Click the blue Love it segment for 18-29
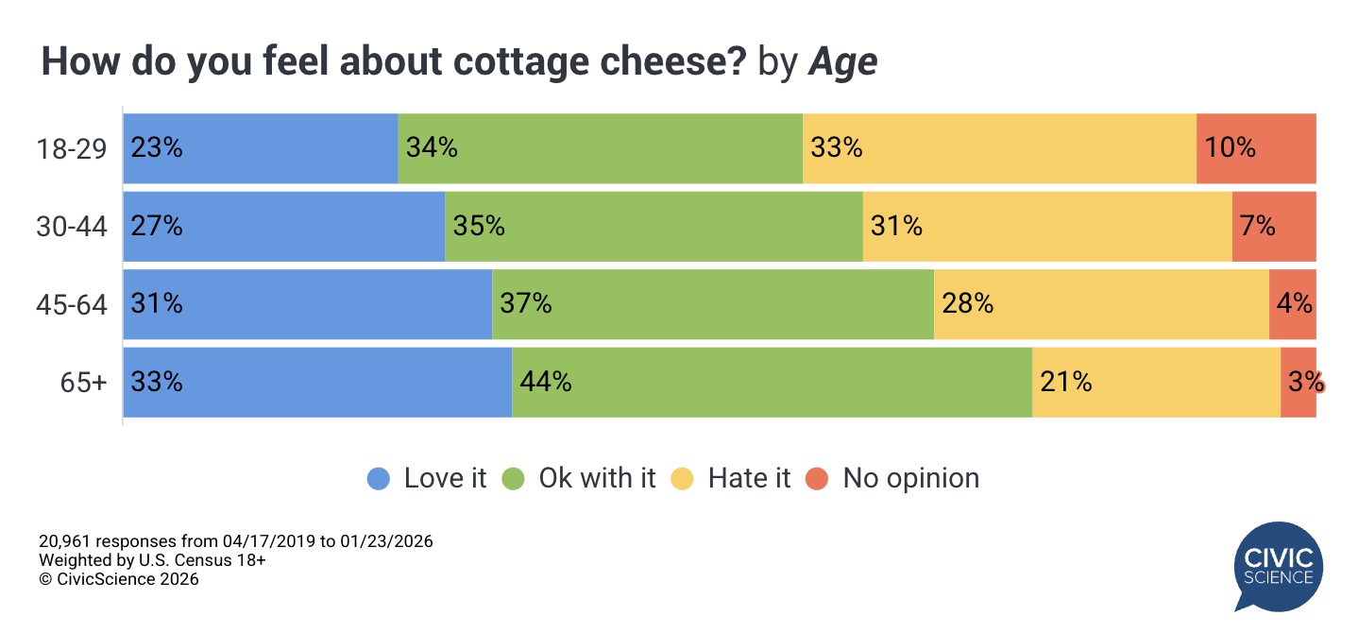pos(261,148)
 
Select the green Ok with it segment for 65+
pos(772,383)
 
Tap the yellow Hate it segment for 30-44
pos(1047,227)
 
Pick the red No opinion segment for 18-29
pos(1256,148)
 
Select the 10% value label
pos(1230,148)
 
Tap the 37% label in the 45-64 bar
pos(526,304)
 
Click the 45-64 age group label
pos(72,304)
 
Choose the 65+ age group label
pos(84,383)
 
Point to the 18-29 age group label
pos(72,148)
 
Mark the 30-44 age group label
pos(72,227)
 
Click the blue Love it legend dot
pos(379,479)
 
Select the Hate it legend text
pos(749,478)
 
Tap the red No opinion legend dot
pos(817,479)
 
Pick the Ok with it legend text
pos(597,478)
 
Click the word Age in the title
pos(842,62)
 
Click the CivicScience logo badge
pos(1279,567)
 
